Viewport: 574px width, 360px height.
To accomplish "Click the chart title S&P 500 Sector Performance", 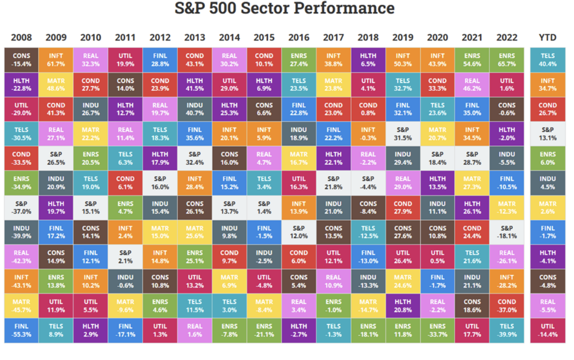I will point(284,8).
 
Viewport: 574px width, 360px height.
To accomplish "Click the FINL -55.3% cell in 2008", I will point(21,330).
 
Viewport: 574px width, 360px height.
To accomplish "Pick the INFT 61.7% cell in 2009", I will point(56,60).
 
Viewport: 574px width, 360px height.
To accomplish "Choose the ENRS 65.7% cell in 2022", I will point(506,60).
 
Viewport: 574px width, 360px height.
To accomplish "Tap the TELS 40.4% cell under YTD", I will point(547,60).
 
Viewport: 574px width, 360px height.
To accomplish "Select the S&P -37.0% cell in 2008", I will point(21,208).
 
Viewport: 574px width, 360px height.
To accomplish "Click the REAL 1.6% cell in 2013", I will point(195,330).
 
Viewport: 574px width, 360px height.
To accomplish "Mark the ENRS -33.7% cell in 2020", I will point(437,330).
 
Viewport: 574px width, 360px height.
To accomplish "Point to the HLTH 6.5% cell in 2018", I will point(368,60).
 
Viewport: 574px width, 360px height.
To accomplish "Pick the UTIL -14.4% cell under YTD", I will point(547,330).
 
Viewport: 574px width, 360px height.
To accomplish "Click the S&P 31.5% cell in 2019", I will point(402,134).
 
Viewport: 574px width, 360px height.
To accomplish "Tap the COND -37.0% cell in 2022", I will point(506,306).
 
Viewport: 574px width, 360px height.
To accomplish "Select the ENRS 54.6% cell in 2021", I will point(472,60).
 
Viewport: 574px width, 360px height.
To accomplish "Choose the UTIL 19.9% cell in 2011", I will point(125,60).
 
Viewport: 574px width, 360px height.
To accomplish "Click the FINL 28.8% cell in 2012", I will point(160,60).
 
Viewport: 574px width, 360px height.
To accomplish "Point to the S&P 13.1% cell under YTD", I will point(547,134).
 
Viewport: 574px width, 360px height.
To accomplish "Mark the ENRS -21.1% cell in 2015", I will point(264,330).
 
